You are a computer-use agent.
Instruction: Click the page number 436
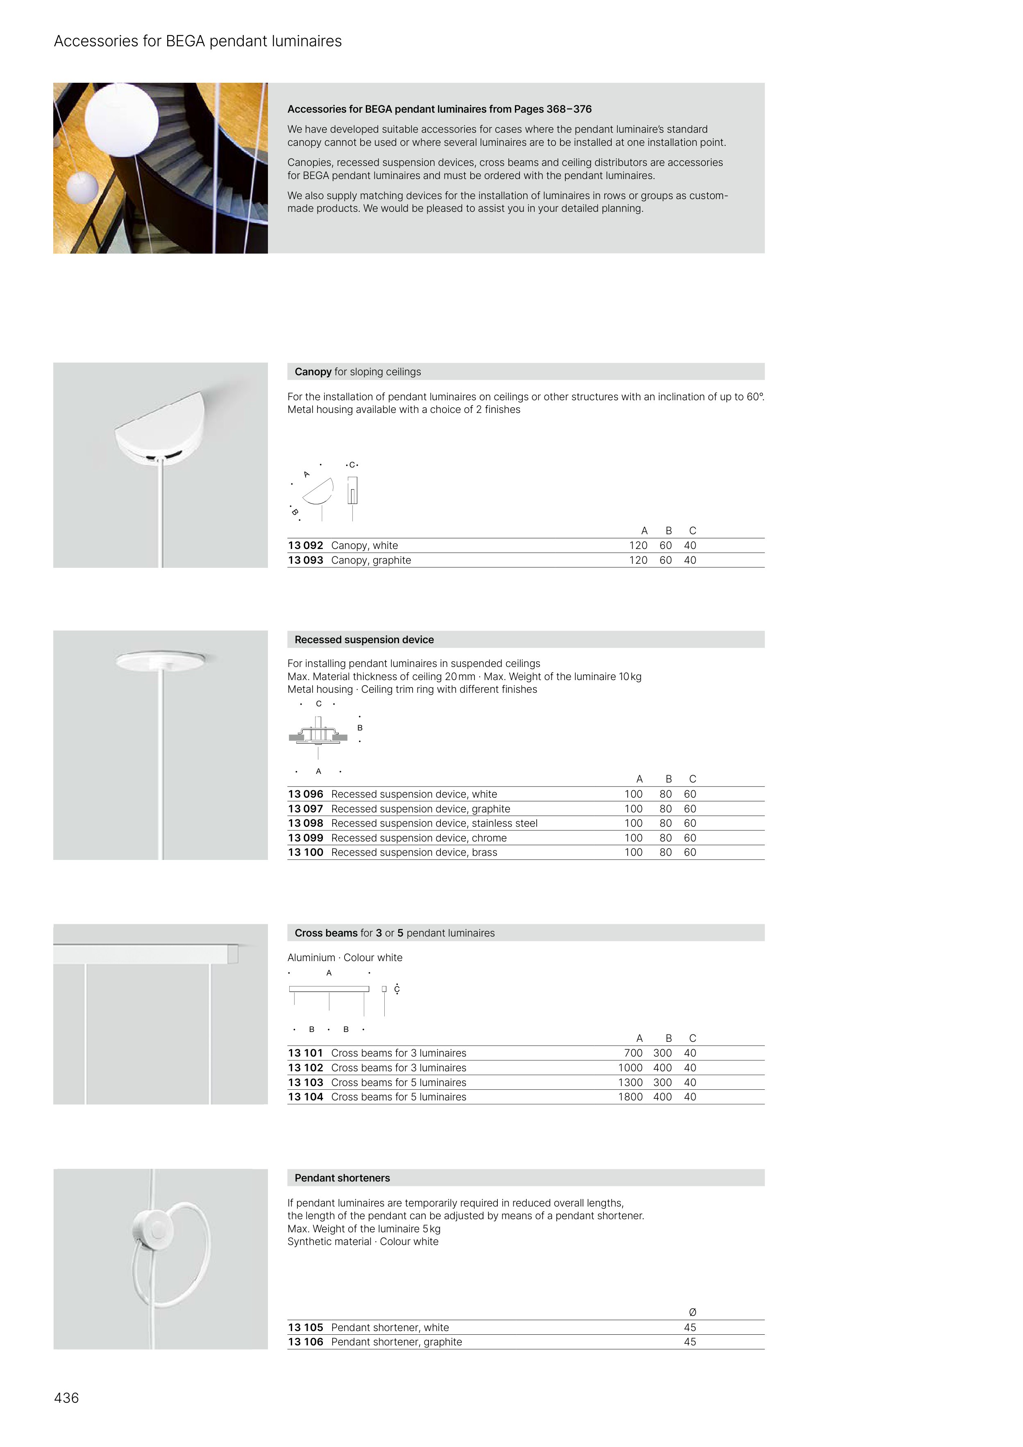click(66, 1398)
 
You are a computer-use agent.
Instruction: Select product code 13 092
click(305, 546)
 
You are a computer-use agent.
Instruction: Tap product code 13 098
click(305, 823)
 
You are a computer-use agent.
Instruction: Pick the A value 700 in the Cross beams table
click(633, 1053)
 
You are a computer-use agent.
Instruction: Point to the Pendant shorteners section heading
click(342, 1178)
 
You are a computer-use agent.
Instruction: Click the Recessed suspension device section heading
click(364, 640)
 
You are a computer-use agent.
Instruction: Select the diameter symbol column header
click(692, 1312)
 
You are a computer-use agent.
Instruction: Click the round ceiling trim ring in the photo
click(160, 660)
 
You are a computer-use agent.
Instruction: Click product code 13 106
click(305, 1342)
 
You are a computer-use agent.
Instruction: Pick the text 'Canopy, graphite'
click(371, 560)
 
